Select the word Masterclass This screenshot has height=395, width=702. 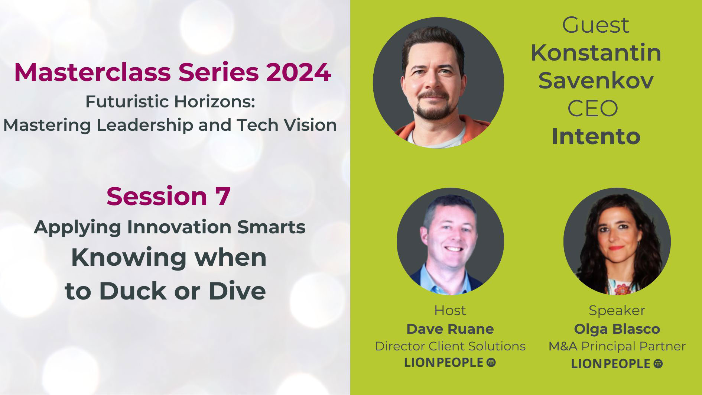click(x=94, y=72)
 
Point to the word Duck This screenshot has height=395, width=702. click(x=133, y=291)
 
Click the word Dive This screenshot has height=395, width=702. click(x=237, y=291)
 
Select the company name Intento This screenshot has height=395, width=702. click(x=596, y=136)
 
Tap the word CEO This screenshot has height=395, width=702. click(x=592, y=109)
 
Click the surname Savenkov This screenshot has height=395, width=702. click(x=596, y=81)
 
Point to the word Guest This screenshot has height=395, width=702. click(x=596, y=25)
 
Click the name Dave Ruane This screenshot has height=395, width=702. click(x=450, y=329)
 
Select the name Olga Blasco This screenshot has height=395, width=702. click(x=617, y=329)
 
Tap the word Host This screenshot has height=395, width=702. click(x=450, y=310)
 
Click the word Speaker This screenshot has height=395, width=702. click(x=617, y=310)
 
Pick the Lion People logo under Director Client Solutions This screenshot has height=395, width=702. click(x=450, y=363)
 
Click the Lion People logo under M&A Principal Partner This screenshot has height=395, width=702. click(x=617, y=364)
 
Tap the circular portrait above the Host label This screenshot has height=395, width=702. click(x=450, y=242)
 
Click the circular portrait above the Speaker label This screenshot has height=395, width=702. click(x=617, y=242)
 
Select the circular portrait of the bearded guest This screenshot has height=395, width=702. click(x=438, y=82)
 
